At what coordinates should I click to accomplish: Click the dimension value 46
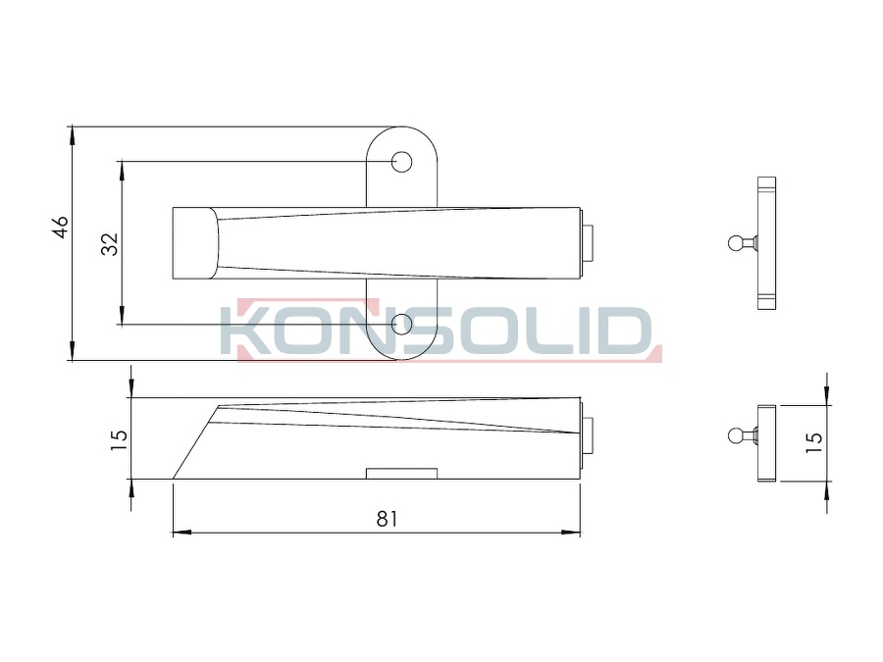[x=61, y=227]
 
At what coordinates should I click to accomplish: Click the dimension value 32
[x=110, y=244]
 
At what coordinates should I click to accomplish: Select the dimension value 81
[x=387, y=519]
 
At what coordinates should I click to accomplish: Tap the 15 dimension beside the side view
[x=119, y=439]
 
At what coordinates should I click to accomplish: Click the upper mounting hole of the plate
[x=401, y=162]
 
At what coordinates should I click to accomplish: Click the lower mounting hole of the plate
[x=401, y=325]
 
